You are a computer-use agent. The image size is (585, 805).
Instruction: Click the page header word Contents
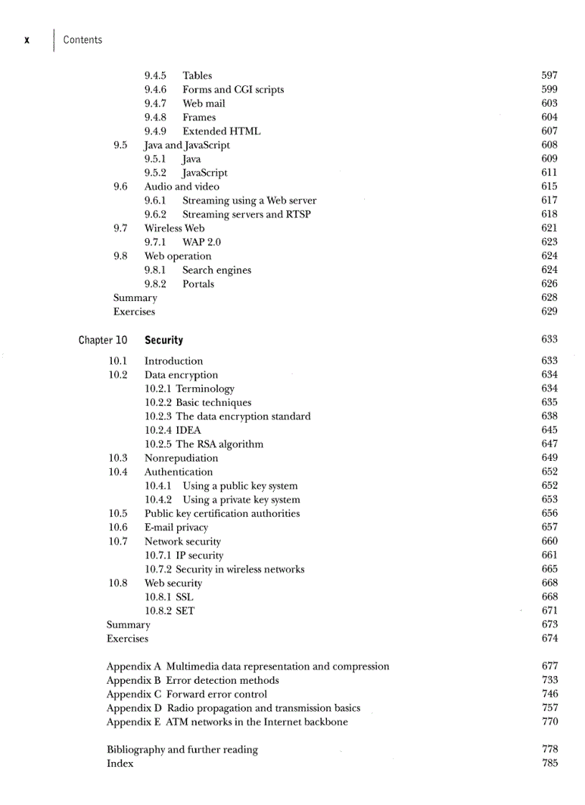(x=82, y=40)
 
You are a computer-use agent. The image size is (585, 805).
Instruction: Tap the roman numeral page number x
(x=27, y=40)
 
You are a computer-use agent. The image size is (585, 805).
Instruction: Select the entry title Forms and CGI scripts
(x=233, y=90)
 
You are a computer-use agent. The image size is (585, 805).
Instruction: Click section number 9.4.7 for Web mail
(x=156, y=103)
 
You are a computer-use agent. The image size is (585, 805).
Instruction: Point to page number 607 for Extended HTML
(x=549, y=131)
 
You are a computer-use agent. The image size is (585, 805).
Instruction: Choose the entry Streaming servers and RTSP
(x=247, y=214)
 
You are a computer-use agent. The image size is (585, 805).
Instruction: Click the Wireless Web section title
(x=174, y=228)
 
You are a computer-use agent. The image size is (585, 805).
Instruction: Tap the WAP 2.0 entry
(x=201, y=242)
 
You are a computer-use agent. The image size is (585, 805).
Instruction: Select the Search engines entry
(x=217, y=270)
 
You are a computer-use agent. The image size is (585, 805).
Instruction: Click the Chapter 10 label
(x=103, y=340)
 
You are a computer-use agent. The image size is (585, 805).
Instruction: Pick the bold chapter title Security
(x=163, y=340)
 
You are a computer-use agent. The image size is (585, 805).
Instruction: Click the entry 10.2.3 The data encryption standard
(x=227, y=416)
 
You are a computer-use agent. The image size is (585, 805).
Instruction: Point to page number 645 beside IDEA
(x=549, y=430)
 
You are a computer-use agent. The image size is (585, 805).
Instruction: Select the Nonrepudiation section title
(x=181, y=458)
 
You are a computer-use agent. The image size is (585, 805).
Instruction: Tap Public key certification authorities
(x=222, y=513)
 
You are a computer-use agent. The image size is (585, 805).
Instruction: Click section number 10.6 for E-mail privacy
(x=118, y=528)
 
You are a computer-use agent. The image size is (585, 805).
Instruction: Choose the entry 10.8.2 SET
(x=169, y=611)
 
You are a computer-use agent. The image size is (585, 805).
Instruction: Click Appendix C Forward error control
(x=186, y=694)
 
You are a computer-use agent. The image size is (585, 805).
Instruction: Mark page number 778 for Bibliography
(x=549, y=749)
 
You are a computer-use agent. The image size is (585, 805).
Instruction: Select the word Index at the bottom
(x=120, y=763)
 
